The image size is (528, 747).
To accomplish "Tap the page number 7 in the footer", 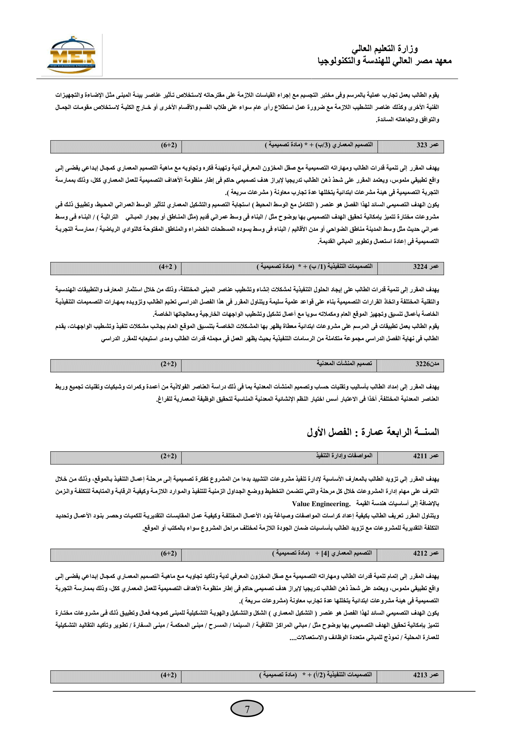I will tap(247, 709).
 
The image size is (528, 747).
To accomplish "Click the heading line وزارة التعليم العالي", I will tap(385, 49).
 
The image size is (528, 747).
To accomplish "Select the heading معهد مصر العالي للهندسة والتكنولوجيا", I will tap(385, 61).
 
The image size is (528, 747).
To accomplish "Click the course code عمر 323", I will tap(427, 145).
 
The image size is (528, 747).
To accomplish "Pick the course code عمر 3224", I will tap(426, 267).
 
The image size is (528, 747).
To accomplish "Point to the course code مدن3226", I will tap(427, 364).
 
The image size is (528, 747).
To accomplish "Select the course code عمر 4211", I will tap(426, 456).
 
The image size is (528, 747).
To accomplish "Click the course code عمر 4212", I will tap(426, 553).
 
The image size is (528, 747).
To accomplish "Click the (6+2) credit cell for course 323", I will tap(169, 145).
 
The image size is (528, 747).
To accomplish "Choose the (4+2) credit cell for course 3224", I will tap(168, 267).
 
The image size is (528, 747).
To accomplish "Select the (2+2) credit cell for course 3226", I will tap(169, 364).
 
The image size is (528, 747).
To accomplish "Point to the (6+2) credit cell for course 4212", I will tap(169, 553).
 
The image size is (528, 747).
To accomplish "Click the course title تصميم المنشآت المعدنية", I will tap(344, 363).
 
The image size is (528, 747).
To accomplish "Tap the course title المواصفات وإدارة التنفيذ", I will tap(344, 455).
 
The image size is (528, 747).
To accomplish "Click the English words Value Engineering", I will tap(321, 504).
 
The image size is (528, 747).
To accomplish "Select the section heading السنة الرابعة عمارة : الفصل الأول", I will tap(373, 432).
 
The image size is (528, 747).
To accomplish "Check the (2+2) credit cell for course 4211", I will tap(169, 456).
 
